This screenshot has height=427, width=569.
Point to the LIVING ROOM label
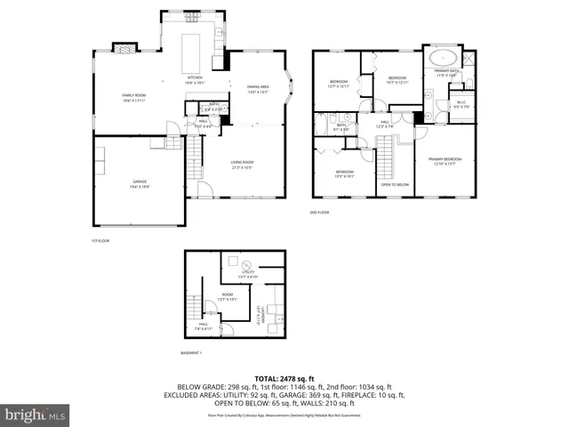(242, 165)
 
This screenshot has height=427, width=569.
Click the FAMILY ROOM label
(134, 97)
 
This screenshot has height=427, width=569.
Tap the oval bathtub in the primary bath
(442, 60)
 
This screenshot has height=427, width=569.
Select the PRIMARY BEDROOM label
(445, 161)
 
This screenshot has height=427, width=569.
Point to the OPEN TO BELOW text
(395, 184)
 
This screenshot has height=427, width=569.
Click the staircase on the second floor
(384, 162)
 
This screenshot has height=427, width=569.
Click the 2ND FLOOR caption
(320, 213)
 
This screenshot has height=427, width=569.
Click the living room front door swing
(204, 189)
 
